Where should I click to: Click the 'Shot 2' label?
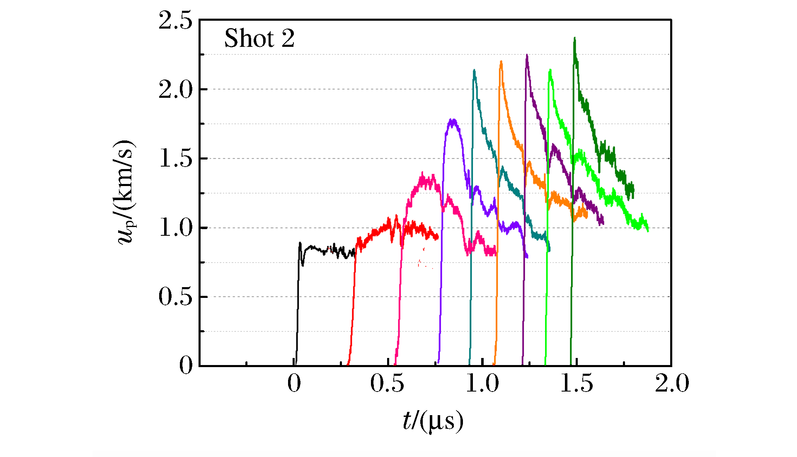pos(259,39)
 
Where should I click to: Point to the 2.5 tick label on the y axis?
pos(176,21)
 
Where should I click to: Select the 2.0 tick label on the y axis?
pos(176,89)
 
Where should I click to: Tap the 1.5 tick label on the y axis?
pos(176,159)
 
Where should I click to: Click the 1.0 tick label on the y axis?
pos(176,228)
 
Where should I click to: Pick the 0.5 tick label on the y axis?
pos(176,297)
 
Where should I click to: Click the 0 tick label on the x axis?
pos(294,384)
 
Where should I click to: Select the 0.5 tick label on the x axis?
pos(387,384)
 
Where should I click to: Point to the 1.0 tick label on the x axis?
pos(482,384)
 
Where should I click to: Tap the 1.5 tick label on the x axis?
pos(577,384)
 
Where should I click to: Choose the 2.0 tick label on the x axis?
pos(672,384)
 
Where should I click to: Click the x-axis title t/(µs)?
pos(433,421)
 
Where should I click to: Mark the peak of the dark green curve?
pos(574,39)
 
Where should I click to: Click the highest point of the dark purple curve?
pos(527,55)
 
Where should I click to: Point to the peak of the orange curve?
pos(501,62)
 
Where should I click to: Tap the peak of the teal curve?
pos(474,70)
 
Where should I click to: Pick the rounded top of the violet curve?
pos(453,121)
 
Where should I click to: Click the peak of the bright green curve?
pos(550,70)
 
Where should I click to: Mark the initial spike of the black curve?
pos(300,243)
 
